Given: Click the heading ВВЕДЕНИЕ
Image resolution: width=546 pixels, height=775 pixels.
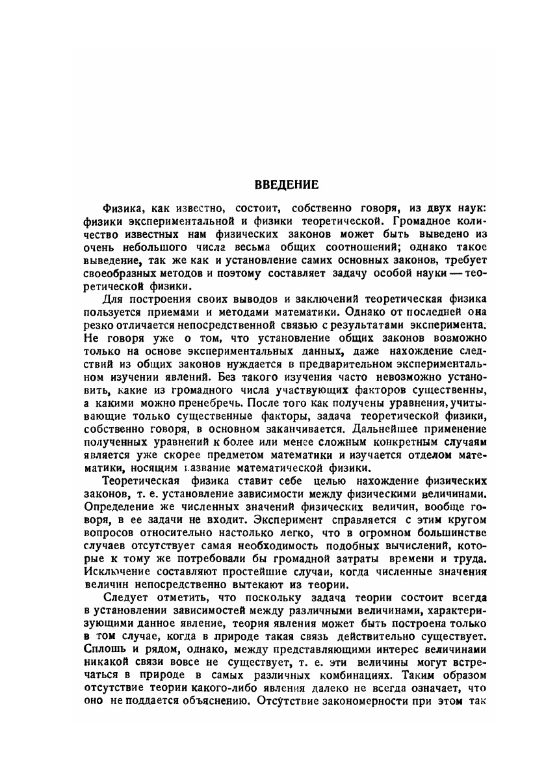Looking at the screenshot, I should pyautogui.click(x=286, y=184).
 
